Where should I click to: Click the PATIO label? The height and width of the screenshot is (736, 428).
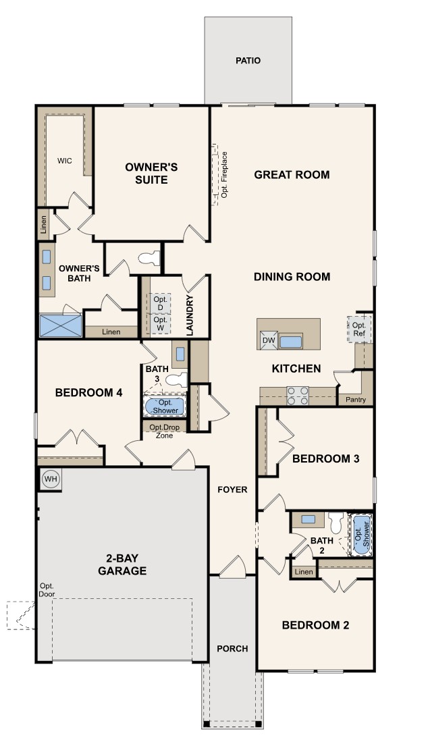(248, 61)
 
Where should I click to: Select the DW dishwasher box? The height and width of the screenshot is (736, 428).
(269, 341)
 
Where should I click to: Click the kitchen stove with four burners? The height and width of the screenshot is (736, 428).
(298, 396)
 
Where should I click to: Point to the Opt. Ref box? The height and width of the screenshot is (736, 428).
(359, 330)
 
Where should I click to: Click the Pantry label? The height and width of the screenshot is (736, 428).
(356, 400)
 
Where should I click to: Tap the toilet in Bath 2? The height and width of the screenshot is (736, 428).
(336, 523)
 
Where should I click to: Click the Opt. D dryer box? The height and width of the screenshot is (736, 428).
(160, 303)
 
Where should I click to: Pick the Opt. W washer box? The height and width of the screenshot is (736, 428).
(160, 323)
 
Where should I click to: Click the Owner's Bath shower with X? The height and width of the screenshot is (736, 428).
(60, 325)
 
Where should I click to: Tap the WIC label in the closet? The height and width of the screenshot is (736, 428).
(65, 161)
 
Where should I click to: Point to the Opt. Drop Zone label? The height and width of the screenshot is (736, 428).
(161, 431)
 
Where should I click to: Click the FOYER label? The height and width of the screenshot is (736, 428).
(232, 490)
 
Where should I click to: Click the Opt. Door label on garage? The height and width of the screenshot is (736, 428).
(47, 589)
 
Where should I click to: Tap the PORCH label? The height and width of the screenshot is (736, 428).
(232, 649)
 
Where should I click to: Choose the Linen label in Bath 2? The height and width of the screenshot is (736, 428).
(304, 573)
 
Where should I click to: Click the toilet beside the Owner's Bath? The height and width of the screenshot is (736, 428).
(150, 258)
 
